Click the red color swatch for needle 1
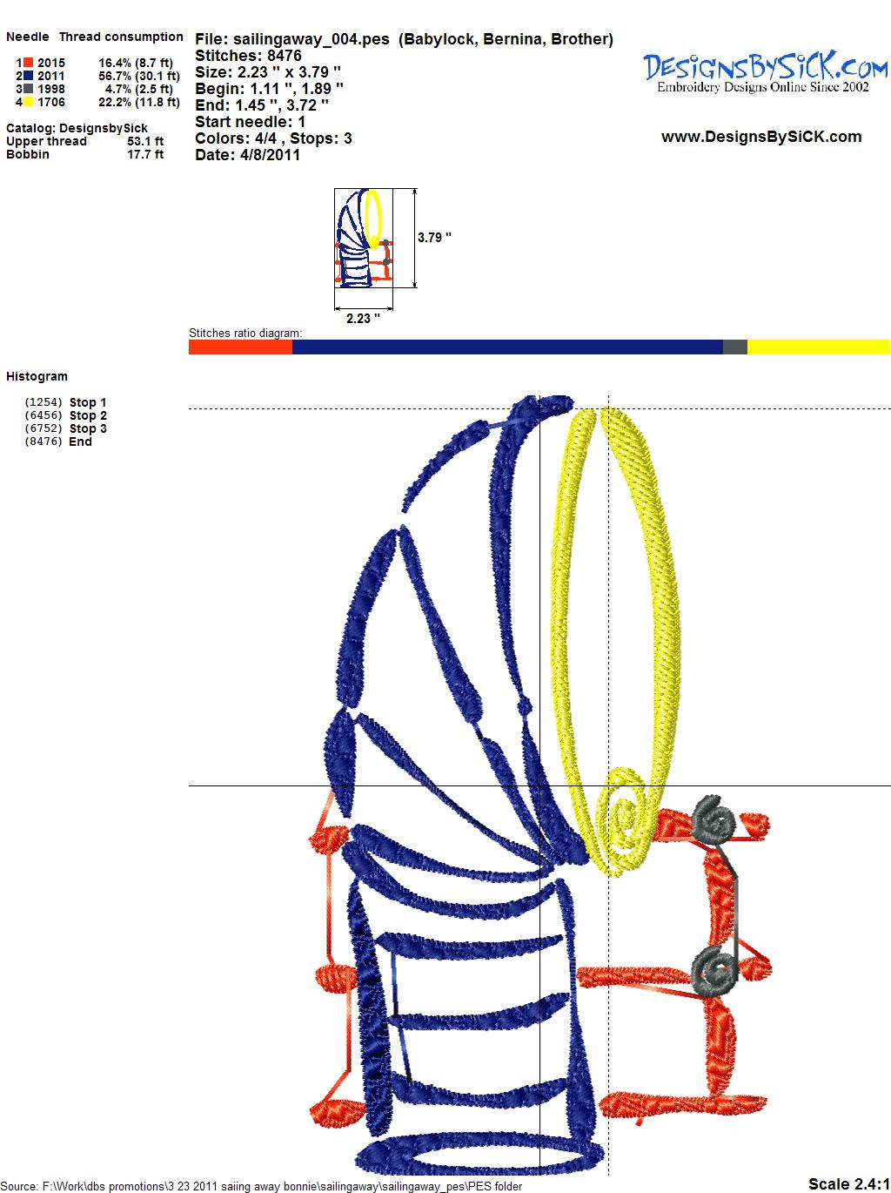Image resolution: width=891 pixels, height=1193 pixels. (x=28, y=63)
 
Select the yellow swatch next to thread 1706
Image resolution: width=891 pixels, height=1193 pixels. (x=28, y=102)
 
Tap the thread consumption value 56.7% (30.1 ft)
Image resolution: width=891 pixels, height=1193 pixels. (x=139, y=76)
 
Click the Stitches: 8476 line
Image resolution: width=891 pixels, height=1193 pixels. (x=248, y=56)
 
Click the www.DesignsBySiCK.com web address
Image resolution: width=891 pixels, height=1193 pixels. (x=761, y=137)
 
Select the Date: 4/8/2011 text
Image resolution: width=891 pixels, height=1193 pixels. (x=247, y=155)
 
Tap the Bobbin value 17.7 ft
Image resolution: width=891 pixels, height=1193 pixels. (x=145, y=154)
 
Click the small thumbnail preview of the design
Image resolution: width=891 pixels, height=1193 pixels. (x=363, y=238)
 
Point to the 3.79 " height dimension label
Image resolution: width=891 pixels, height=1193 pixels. (x=434, y=238)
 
